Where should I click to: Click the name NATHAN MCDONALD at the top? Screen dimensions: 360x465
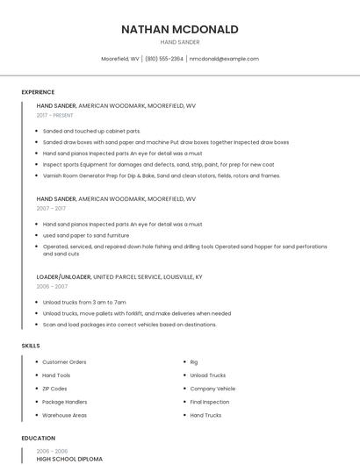180,29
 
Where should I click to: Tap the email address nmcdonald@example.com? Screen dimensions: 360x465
224,59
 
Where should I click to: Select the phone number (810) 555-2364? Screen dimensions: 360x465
164,59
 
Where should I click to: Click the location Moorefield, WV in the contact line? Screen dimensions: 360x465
120,59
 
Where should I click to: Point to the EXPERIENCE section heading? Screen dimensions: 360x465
38,92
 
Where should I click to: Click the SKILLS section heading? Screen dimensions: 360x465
31,346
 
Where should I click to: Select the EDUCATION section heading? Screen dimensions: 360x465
38,438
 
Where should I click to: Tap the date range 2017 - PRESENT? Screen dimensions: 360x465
55,115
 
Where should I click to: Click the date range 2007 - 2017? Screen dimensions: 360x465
51,209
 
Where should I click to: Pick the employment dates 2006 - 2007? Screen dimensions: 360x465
52,286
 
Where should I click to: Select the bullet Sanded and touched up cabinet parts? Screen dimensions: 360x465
91,131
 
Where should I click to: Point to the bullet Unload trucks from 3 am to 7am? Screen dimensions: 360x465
84,302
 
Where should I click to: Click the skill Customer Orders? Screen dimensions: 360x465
64,361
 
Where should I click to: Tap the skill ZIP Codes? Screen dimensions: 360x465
54,388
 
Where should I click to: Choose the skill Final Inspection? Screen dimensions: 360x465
210,401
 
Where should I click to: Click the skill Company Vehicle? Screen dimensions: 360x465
212,388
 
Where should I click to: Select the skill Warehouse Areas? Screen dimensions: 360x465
64,414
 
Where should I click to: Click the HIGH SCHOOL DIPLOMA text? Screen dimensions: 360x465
69,459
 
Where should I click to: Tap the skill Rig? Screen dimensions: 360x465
194,361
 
